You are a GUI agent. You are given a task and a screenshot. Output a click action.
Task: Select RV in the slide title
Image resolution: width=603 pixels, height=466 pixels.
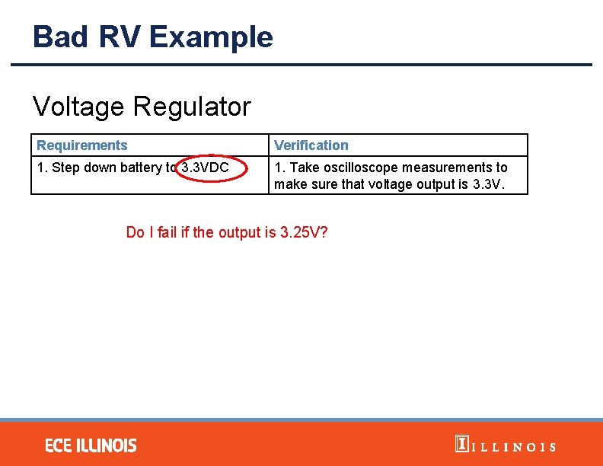(123, 37)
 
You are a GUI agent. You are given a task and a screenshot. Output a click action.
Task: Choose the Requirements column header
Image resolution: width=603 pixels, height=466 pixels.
(82, 145)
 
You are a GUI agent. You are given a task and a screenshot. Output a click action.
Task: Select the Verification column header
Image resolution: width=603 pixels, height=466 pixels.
(311, 145)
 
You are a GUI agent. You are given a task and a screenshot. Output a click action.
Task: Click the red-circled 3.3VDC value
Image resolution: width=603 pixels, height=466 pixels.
(206, 168)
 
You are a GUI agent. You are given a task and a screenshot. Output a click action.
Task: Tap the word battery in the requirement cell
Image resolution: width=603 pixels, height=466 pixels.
(140, 168)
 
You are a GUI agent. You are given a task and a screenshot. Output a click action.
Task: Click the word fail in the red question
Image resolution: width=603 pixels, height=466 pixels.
(167, 232)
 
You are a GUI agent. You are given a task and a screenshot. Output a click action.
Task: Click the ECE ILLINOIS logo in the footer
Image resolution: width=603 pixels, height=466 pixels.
(91, 445)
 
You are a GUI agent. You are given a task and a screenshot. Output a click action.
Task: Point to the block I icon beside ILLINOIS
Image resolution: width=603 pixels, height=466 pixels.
(461, 444)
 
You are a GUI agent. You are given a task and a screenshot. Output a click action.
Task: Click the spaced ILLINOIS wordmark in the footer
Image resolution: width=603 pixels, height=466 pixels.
(515, 447)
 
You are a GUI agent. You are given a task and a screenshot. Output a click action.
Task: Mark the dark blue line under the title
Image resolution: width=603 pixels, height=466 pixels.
(301, 65)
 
